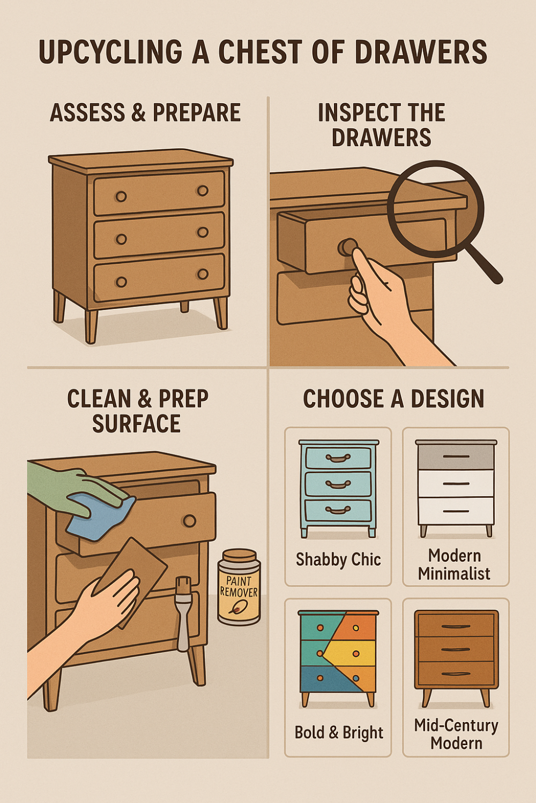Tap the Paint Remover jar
[239, 587]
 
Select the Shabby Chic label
[338, 559]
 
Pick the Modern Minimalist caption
[455, 565]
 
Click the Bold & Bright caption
[339, 732]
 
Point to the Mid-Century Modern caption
[456, 734]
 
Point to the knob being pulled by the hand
[347, 247]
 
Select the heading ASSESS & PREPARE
[145, 113]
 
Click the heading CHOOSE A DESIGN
[393, 399]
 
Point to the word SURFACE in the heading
[136, 424]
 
